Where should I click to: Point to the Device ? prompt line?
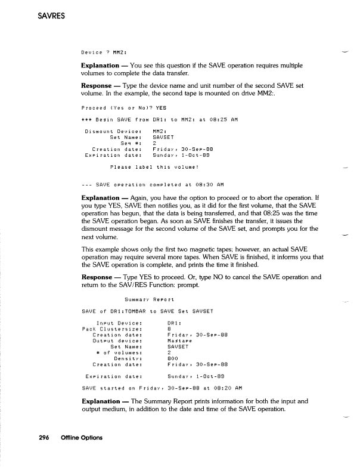click(x=106, y=50)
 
